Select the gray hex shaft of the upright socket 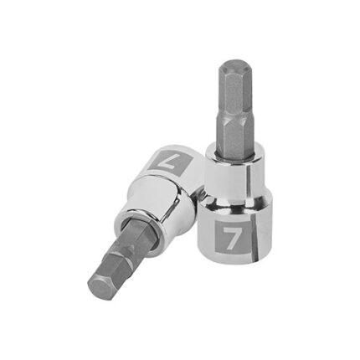232,109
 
